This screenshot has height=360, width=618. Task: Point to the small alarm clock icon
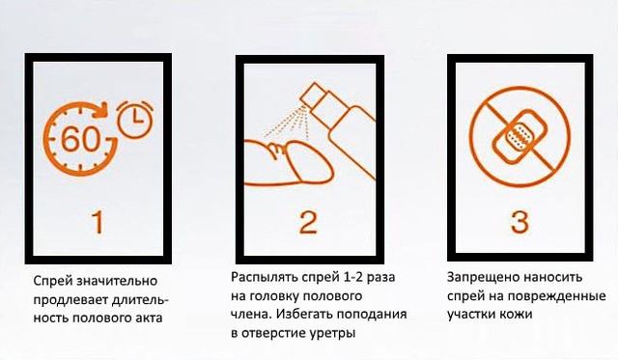click(132, 118)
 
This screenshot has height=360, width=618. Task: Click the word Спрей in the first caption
click(52, 281)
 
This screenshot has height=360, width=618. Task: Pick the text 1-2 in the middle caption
click(346, 276)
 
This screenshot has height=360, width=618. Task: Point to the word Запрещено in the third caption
click(481, 276)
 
